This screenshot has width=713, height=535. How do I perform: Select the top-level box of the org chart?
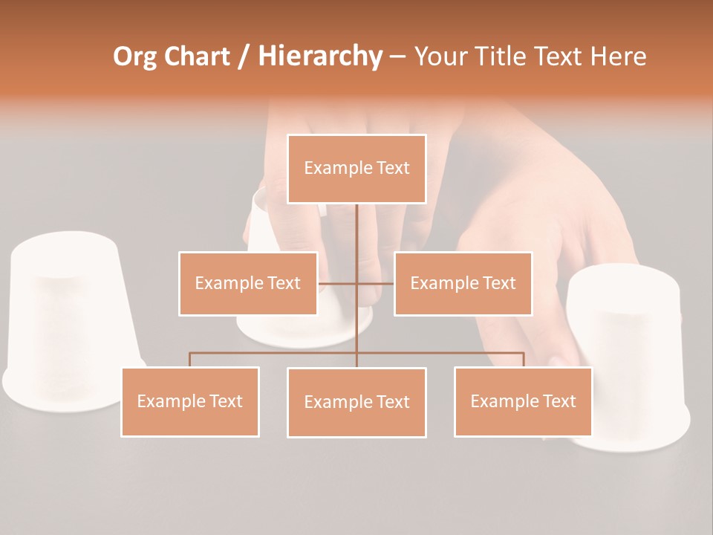pyautogui.click(x=356, y=169)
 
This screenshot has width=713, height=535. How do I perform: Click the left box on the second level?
pyautogui.click(x=248, y=283)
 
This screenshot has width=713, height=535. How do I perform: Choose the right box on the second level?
pyautogui.click(x=463, y=283)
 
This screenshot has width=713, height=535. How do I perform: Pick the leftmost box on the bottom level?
pyautogui.click(x=190, y=401)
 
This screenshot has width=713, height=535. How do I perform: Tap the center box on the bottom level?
pyautogui.click(x=356, y=402)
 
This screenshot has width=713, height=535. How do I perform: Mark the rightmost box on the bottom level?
pyautogui.click(x=523, y=401)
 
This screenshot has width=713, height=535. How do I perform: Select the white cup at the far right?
pyautogui.click(x=631, y=349)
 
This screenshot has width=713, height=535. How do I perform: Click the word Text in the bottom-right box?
pyautogui.click(x=559, y=401)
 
